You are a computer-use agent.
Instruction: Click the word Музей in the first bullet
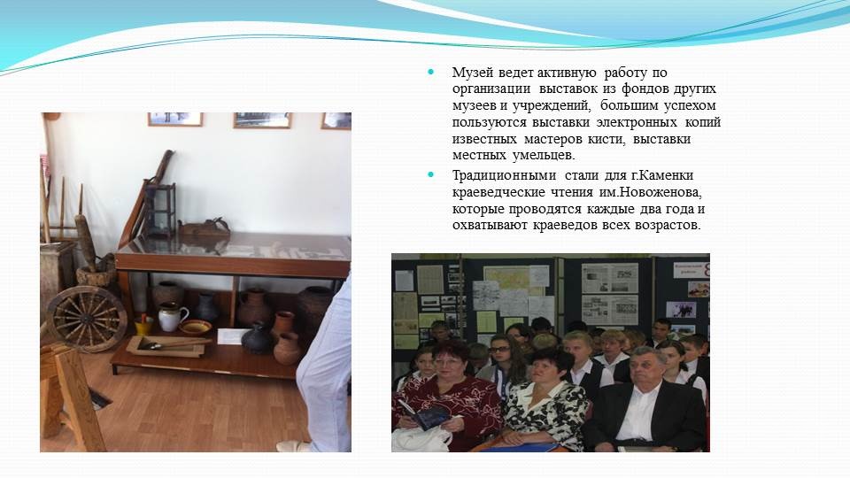(473, 73)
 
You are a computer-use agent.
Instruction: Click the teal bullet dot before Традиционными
(431, 174)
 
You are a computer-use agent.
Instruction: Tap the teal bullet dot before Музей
(431, 72)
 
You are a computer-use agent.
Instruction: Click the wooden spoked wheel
(87, 319)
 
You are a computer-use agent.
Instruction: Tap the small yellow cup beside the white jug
(143, 326)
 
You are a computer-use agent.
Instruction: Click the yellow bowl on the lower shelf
(195, 327)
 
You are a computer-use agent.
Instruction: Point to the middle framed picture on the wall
(262, 120)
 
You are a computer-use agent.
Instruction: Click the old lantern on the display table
(160, 211)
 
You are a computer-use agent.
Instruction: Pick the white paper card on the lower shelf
(232, 336)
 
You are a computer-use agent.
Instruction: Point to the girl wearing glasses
(504, 360)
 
